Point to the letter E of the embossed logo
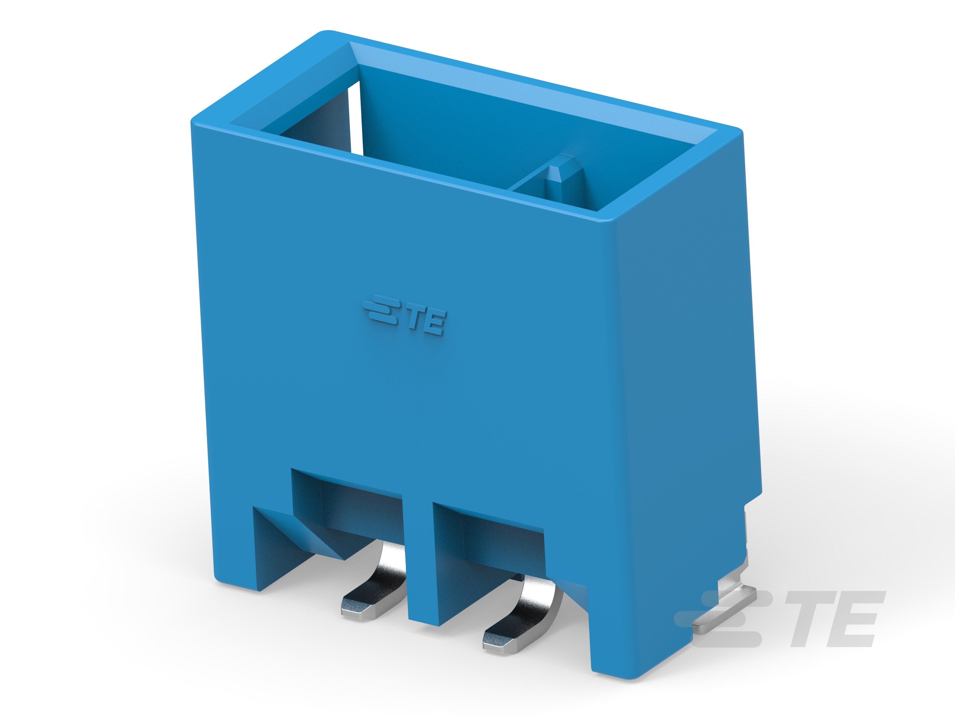point(433,325)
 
